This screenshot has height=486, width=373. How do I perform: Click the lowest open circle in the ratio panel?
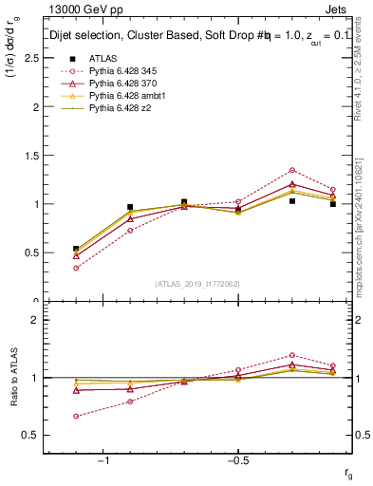[76, 416]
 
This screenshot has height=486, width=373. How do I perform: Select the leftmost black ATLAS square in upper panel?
[76, 249]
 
